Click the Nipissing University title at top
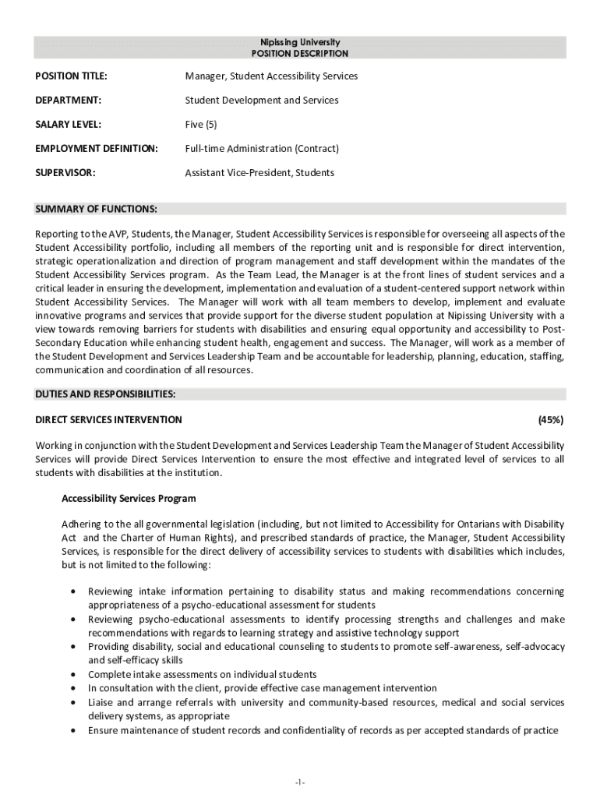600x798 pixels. pos(299,42)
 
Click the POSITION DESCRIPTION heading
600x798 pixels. pos(299,54)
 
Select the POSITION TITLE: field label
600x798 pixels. pos(71,76)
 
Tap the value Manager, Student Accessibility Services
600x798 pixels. pos(271,76)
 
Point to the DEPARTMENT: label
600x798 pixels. pos(69,101)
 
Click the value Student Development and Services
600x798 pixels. pos(261,101)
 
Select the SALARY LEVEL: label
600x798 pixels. pos(69,125)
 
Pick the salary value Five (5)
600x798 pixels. pos(200,125)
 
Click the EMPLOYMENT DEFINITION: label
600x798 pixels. pos(97,149)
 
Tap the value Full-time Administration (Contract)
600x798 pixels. pos(262,149)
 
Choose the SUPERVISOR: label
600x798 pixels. pos(65,173)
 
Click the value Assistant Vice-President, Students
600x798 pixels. pos(259,173)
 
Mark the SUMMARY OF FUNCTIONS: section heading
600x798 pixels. pos(96,209)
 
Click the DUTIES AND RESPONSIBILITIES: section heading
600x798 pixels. pos(105,394)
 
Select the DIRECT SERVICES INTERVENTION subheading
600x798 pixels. pos(109,420)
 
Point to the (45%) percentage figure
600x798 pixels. pos(551,420)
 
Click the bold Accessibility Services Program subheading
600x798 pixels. pos(129,499)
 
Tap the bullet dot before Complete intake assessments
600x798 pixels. pos(72,675)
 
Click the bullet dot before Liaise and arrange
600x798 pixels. pos(72,703)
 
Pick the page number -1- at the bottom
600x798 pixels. pos(300,782)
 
